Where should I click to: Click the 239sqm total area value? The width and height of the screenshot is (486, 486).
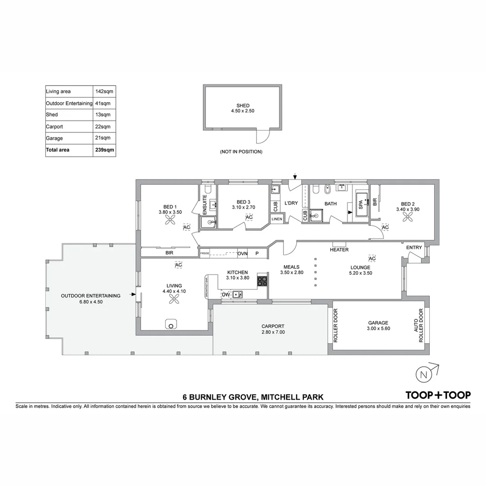click(x=104, y=150)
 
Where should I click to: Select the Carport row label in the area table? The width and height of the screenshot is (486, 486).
click(x=54, y=127)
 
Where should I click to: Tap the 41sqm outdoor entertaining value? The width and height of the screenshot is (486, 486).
click(x=103, y=103)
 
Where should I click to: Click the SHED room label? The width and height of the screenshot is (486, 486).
click(x=243, y=106)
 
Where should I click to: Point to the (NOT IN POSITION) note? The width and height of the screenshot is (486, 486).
click(x=241, y=152)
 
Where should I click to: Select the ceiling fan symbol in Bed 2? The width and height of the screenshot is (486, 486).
click(x=407, y=217)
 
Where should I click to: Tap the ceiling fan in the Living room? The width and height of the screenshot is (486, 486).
click(x=174, y=299)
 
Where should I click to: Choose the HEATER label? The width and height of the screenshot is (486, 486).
click(x=339, y=250)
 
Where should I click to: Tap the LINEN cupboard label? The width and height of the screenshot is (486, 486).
click(x=277, y=219)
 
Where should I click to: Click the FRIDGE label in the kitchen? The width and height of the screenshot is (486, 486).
click(x=205, y=253)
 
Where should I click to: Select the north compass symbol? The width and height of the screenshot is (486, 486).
click(x=423, y=374)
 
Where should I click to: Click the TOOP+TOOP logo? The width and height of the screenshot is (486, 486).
click(x=438, y=395)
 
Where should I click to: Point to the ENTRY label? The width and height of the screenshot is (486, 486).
click(x=414, y=247)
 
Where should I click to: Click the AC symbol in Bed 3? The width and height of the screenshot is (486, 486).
click(x=249, y=218)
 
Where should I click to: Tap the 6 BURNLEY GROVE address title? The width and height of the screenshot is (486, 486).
click(x=252, y=397)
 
